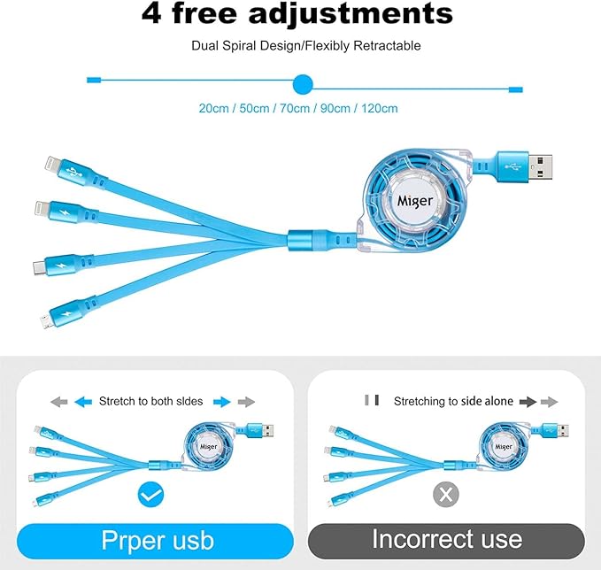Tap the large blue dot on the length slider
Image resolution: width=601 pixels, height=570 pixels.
click(303, 84)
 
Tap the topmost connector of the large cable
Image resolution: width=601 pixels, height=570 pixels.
click(50, 163)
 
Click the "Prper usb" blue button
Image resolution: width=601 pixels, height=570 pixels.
click(154, 539)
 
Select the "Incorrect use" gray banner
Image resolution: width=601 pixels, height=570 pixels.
click(446, 539)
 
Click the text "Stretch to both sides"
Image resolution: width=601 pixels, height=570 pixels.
click(150, 401)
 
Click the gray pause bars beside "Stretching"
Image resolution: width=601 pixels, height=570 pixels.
click(372, 401)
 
